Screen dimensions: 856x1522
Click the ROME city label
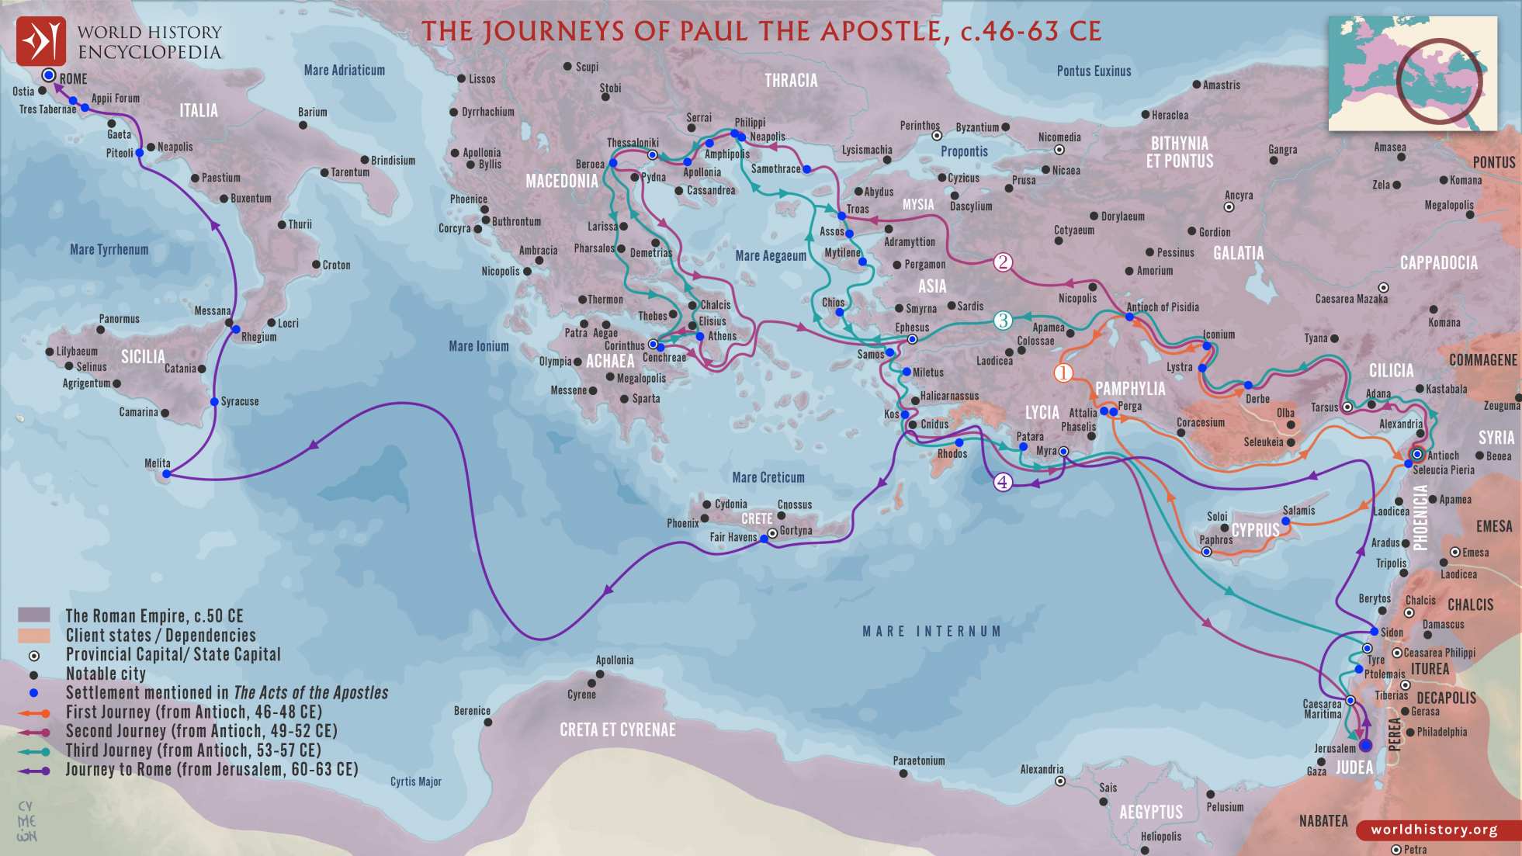pyautogui.click(x=73, y=79)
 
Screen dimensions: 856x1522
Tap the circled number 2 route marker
pyautogui.click(x=1003, y=262)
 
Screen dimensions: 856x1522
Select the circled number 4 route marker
pyautogui.click(x=1003, y=482)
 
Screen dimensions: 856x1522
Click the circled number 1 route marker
pyautogui.click(x=1063, y=373)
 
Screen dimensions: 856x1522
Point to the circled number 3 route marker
pyautogui.click(x=1003, y=321)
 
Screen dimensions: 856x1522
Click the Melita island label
pyautogui.click(x=157, y=463)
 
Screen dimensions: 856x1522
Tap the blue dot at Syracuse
pyautogui.click(x=214, y=402)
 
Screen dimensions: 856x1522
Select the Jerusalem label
pyautogui.click(x=1334, y=749)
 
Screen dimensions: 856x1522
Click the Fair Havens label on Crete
pyautogui.click(x=733, y=537)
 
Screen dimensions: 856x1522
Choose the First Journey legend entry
pyautogui.click(x=193, y=712)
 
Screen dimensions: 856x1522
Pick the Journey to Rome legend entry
pyautogui.click(x=211, y=770)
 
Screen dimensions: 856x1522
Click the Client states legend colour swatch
pyautogui.click(x=33, y=636)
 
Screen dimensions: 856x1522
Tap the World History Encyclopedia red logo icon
pyautogui.click(x=40, y=41)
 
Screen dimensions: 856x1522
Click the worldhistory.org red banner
pyautogui.click(x=1434, y=830)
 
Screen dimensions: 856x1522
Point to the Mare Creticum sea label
pyautogui.click(x=768, y=477)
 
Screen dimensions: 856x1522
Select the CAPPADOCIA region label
pyautogui.click(x=1438, y=263)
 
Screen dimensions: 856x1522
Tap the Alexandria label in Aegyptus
pyautogui.click(x=1041, y=770)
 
